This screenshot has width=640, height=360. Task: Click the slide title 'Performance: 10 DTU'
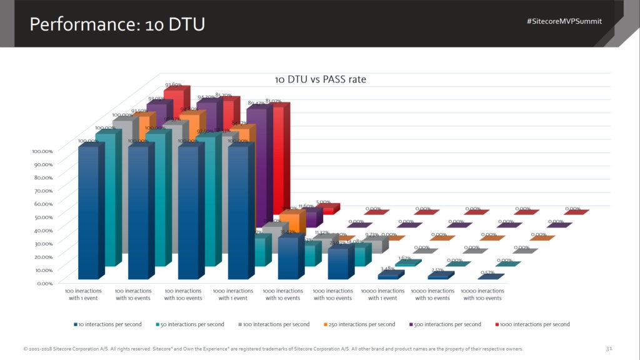(x=117, y=24)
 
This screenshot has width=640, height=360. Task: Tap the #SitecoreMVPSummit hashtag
(x=564, y=21)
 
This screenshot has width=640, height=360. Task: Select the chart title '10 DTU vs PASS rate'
(x=321, y=79)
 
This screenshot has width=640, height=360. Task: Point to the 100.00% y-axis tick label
(x=42, y=151)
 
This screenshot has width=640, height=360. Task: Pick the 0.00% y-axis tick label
(x=44, y=283)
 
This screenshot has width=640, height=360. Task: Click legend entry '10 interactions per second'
(x=107, y=324)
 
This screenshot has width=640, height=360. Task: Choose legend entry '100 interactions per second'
(x=275, y=324)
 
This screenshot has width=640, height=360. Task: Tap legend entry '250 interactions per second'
(x=361, y=324)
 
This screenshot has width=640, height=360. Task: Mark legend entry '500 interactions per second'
(x=446, y=324)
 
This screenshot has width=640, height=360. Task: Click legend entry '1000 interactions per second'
(x=532, y=324)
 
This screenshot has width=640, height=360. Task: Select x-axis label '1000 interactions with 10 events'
(x=283, y=294)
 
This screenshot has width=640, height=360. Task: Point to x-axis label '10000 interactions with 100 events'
(x=482, y=294)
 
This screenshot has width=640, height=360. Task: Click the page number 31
(x=609, y=348)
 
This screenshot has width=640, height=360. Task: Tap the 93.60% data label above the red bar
(x=173, y=85)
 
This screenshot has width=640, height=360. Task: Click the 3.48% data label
(x=387, y=269)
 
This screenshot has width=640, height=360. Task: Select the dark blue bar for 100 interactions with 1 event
(x=88, y=212)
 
